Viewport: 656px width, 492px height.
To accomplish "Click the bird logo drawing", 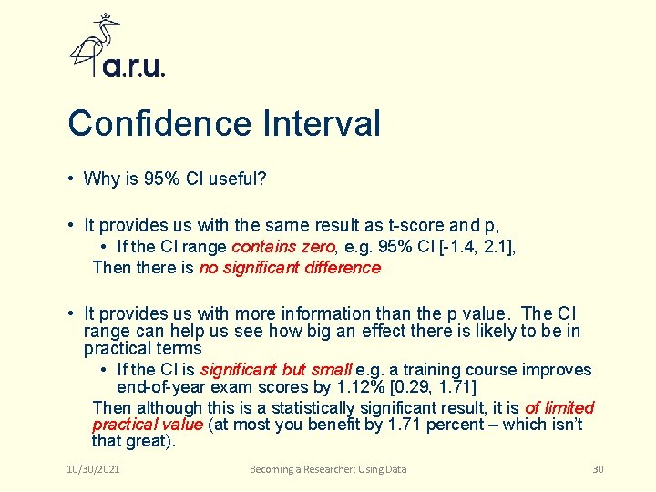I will [95, 44].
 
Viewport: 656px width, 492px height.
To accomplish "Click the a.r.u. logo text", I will [134, 67].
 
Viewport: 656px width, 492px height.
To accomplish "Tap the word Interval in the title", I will [322, 124].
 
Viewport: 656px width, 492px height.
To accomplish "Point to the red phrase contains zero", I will [284, 246].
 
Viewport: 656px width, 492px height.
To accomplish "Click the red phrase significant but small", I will [275, 370].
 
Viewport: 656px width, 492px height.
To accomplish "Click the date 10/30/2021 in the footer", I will [93, 469].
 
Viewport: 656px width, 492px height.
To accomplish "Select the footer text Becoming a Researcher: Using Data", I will [328, 469].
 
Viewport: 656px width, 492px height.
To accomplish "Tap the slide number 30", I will [598, 469].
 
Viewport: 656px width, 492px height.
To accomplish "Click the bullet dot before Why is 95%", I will [70, 179].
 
